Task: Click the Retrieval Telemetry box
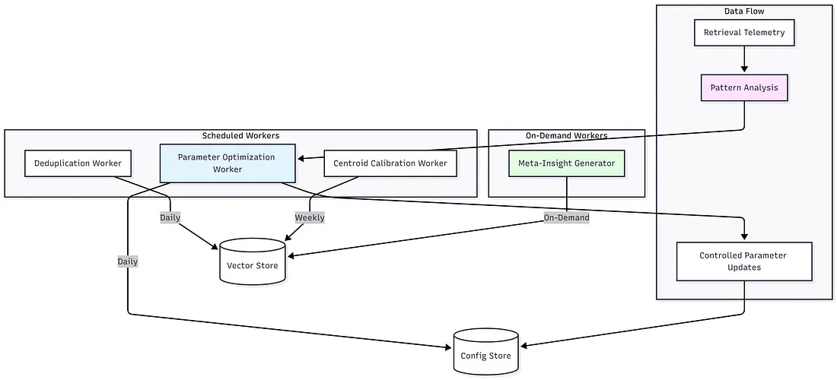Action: click(x=744, y=33)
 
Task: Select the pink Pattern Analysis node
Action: click(x=744, y=87)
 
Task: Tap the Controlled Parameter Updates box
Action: click(x=744, y=261)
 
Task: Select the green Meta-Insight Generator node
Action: click(x=566, y=163)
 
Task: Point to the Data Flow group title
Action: click(x=744, y=11)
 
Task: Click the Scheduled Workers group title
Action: click(x=240, y=136)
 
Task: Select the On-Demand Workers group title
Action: click(x=566, y=136)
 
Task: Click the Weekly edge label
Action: click(x=310, y=217)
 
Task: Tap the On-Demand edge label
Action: click(x=566, y=217)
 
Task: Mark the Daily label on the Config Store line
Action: click(x=128, y=261)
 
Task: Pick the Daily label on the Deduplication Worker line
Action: click(x=170, y=217)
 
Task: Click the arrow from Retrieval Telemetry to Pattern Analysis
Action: click(x=744, y=60)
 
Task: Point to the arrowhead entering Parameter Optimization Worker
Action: click(x=302, y=159)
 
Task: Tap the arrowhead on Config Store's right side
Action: click(x=524, y=346)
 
